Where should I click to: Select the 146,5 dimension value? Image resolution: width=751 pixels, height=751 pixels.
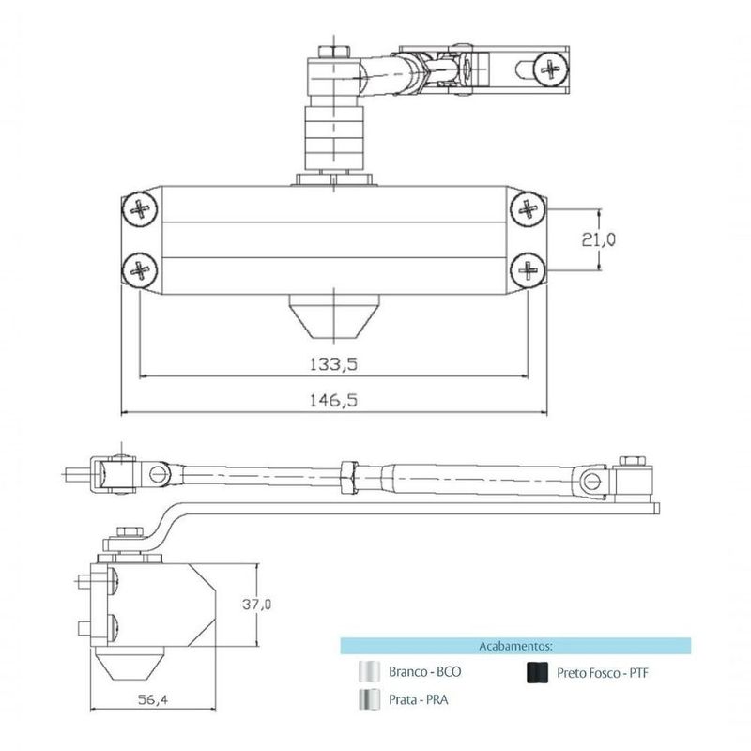tap(333, 399)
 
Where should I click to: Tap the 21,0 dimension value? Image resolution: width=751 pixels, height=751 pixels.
tap(598, 239)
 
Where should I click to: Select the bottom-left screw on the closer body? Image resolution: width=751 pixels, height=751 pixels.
tap(141, 271)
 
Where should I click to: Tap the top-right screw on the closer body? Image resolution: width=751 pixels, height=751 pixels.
tap(528, 208)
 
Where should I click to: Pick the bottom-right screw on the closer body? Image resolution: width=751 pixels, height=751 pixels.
tap(528, 271)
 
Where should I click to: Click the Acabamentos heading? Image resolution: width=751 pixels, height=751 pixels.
tap(514, 646)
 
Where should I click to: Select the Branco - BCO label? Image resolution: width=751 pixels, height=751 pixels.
tap(424, 673)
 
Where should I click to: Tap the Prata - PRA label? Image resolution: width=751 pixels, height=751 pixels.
tap(418, 699)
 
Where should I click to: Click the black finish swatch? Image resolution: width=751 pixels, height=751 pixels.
tap(538, 672)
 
